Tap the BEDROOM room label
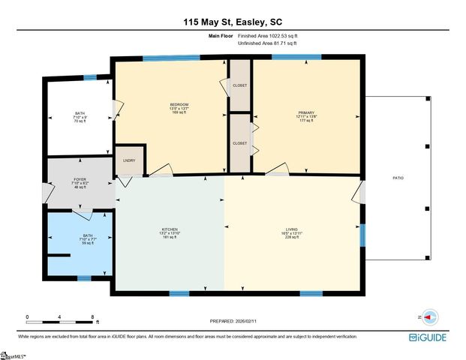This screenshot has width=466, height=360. pyautogui.click(x=179, y=104)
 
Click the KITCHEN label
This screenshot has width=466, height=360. pyautogui.click(x=170, y=230)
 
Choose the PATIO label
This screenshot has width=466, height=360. pyautogui.click(x=398, y=178)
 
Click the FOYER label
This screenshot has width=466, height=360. pyautogui.click(x=80, y=180)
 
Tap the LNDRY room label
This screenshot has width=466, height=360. pyautogui.click(x=128, y=160)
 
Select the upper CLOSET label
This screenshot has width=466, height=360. pyautogui.click(x=240, y=85)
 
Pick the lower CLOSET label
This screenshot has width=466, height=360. pyautogui.click(x=240, y=142)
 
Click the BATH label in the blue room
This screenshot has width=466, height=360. pyautogui.click(x=88, y=235)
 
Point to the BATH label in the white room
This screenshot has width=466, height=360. pyautogui.click(x=80, y=113)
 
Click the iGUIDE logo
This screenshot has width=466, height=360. pyautogui.click(x=430, y=337)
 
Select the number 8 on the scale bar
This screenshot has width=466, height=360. pyautogui.click(x=92, y=317)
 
